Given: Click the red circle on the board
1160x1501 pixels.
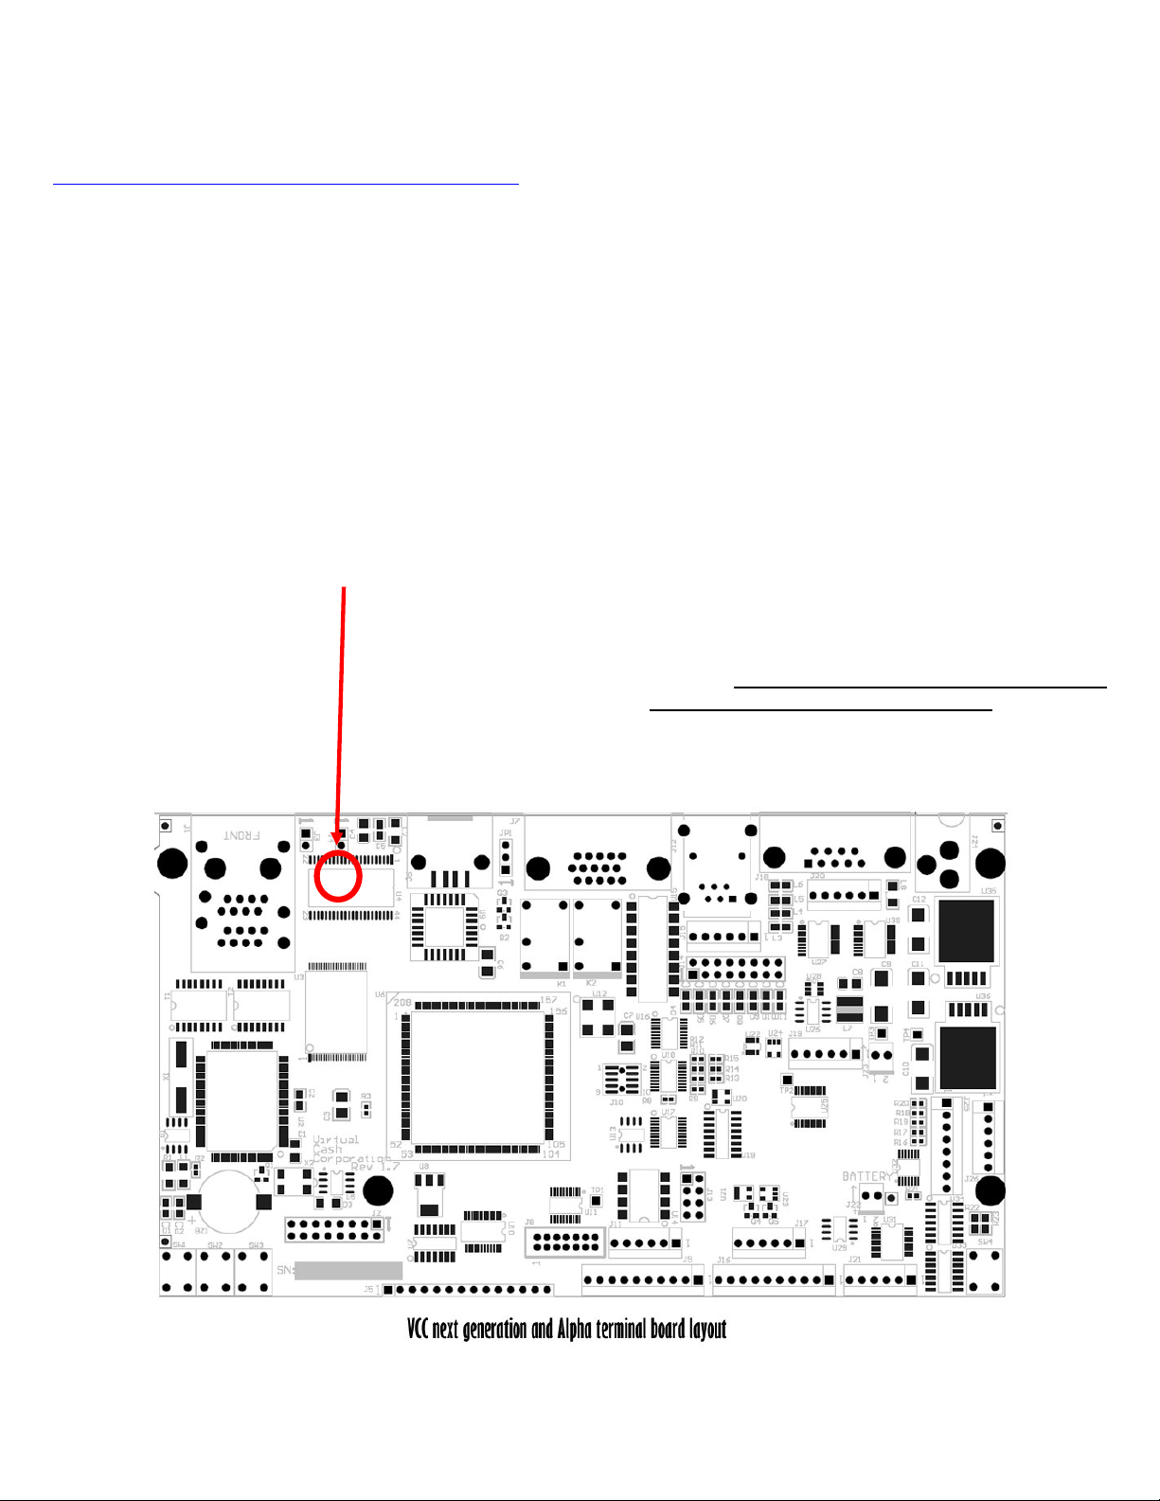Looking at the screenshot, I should click(x=338, y=876).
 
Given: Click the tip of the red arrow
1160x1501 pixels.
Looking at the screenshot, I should click(x=338, y=844).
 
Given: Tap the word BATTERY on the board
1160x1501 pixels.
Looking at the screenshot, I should click(x=867, y=1176).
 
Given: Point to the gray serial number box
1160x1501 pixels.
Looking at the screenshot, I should click(x=348, y=1270).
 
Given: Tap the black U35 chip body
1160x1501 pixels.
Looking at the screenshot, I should click(x=966, y=930).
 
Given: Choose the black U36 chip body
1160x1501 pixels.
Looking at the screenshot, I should click(x=966, y=1057).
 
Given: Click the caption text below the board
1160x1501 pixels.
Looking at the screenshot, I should click(x=566, y=1329).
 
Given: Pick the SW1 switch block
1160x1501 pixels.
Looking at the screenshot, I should click(x=177, y=1272).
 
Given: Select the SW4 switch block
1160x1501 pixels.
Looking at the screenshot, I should click(x=985, y=1272).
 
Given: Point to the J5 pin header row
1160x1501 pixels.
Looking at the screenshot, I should click(x=470, y=1290).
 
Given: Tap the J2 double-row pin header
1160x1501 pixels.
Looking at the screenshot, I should click(x=334, y=1230).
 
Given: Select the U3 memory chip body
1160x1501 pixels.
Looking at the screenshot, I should click(x=337, y=1011).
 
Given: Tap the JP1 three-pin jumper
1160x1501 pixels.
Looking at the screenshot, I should click(x=506, y=856).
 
